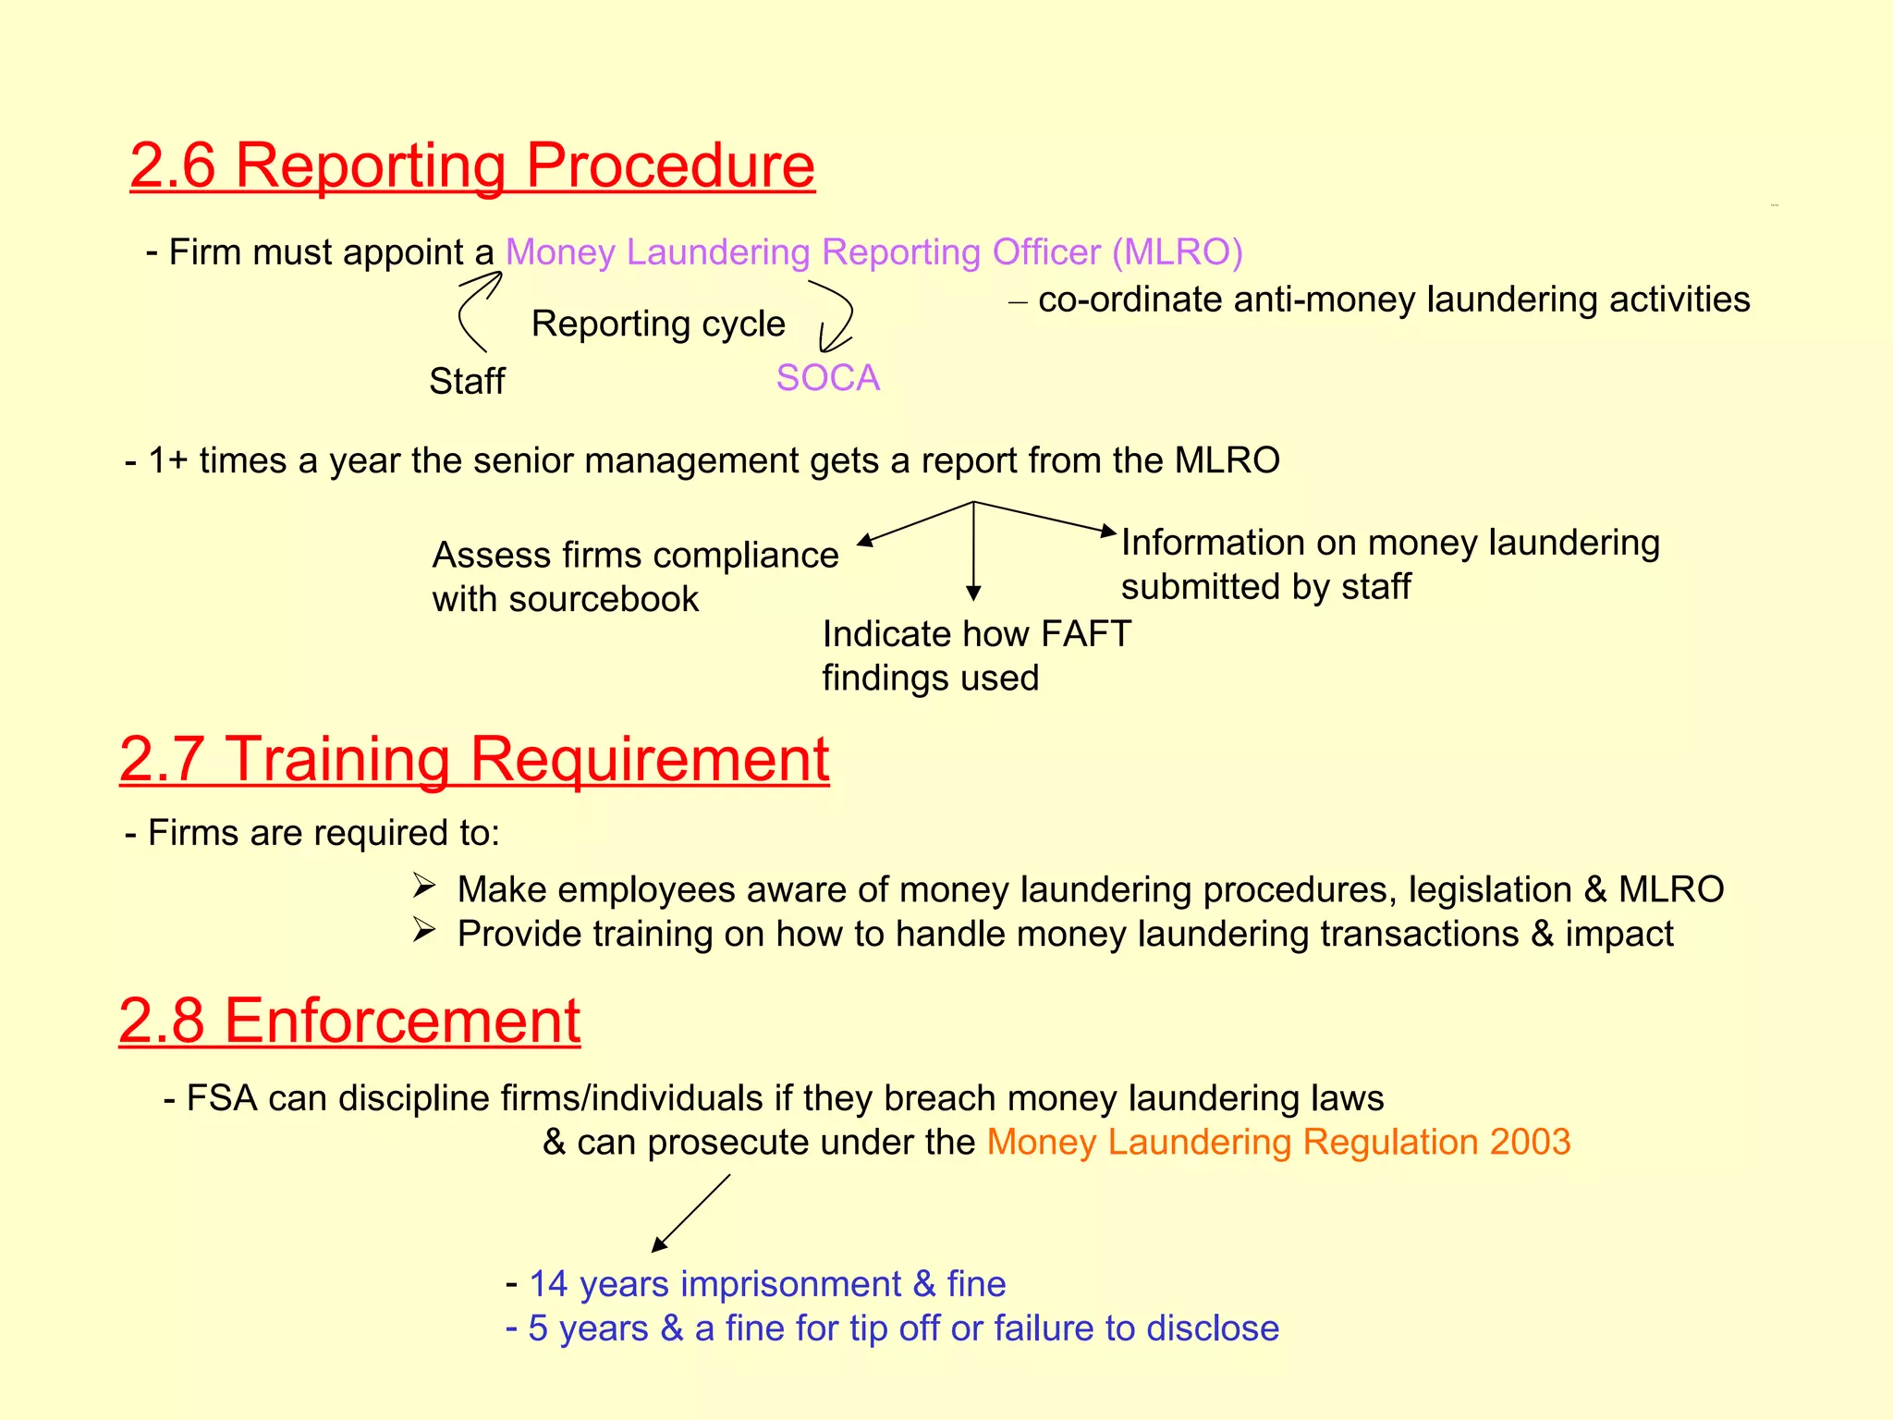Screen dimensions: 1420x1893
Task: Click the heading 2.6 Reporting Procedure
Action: (472, 166)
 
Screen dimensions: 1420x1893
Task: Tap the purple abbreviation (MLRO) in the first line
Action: (1177, 252)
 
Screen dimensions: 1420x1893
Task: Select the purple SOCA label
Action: (827, 378)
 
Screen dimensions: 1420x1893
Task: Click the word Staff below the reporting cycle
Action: (467, 381)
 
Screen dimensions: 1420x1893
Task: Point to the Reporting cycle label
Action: (658, 324)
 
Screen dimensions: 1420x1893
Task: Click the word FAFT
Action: (1085, 634)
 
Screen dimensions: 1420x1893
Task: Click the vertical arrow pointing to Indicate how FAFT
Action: (973, 551)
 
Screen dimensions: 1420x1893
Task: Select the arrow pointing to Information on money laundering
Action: (1044, 518)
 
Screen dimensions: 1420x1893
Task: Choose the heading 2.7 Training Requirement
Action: (474, 760)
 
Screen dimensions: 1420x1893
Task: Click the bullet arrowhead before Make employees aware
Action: (424, 887)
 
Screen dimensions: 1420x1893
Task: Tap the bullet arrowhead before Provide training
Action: (424, 930)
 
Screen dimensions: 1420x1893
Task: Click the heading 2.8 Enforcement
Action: (349, 1022)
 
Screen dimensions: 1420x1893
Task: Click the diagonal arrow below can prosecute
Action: (690, 1213)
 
